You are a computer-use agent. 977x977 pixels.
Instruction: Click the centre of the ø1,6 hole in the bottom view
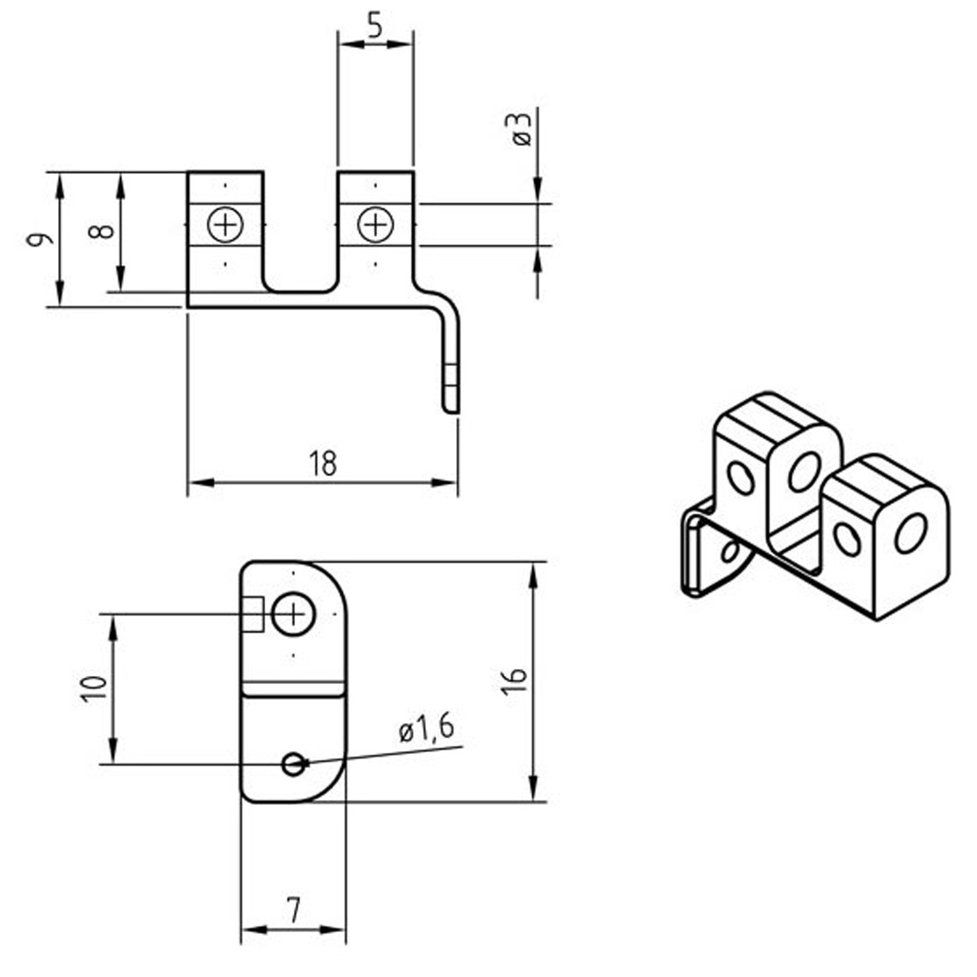click(x=294, y=764)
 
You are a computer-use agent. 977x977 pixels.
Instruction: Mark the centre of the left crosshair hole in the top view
click(x=225, y=225)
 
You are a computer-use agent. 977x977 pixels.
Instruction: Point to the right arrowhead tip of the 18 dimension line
click(x=457, y=483)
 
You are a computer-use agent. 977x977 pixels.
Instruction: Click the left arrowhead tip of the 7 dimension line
click(x=242, y=929)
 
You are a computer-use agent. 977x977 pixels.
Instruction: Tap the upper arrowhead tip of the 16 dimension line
click(x=534, y=562)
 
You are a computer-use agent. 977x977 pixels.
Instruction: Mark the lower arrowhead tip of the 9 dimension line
click(x=59, y=305)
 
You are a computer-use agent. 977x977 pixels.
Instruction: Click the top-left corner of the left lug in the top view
click(x=188, y=173)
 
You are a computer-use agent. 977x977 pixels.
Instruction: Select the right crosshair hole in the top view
click(x=376, y=225)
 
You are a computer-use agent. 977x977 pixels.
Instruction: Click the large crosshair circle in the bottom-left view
click(x=293, y=614)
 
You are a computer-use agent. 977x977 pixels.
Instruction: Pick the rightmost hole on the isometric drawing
click(x=911, y=533)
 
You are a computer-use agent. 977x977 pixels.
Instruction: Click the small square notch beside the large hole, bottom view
click(x=253, y=614)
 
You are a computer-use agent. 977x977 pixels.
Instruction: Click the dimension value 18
click(x=323, y=464)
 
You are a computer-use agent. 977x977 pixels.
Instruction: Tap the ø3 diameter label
click(x=522, y=129)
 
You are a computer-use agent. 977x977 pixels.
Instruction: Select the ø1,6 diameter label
click(x=427, y=728)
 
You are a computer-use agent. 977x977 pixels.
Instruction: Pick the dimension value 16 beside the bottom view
click(x=515, y=681)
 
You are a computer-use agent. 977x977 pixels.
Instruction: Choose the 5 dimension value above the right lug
click(x=375, y=27)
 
